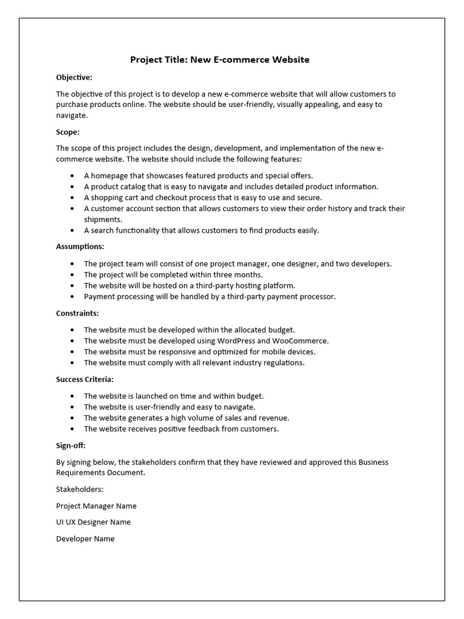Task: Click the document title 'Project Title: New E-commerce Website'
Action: click(x=220, y=60)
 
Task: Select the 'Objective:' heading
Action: click(x=74, y=77)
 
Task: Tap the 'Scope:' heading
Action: click(x=68, y=132)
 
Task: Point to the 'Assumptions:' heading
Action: click(x=80, y=247)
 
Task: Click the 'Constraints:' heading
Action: click(x=77, y=313)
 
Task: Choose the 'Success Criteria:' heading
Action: click(x=85, y=380)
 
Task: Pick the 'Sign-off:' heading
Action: click(x=71, y=446)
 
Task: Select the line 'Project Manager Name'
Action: click(x=96, y=506)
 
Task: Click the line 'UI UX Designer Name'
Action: click(x=93, y=522)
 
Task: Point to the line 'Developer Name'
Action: click(x=85, y=539)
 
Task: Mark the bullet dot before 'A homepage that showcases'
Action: click(x=72, y=176)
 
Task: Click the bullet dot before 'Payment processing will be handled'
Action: click(x=72, y=297)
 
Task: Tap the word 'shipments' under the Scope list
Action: click(x=102, y=219)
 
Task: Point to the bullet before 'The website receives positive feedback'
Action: click(x=72, y=429)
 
